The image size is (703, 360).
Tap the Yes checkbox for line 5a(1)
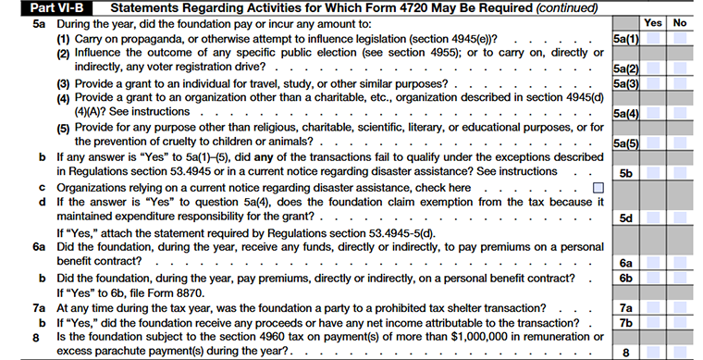pos(653,40)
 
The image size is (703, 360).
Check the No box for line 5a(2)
pos(679,68)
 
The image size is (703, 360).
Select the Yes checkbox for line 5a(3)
pos(653,84)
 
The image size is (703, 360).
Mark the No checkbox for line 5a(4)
pos(679,113)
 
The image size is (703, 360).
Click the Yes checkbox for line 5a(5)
pos(653,143)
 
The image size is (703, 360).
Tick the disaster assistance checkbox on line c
pos(598,188)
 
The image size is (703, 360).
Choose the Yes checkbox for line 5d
pos(653,218)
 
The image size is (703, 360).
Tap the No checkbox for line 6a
pos(679,263)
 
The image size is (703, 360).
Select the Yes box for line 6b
pos(653,278)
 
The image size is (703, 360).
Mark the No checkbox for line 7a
pos(679,306)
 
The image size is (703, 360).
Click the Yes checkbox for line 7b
pos(653,321)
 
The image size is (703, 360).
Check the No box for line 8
pos(679,351)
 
